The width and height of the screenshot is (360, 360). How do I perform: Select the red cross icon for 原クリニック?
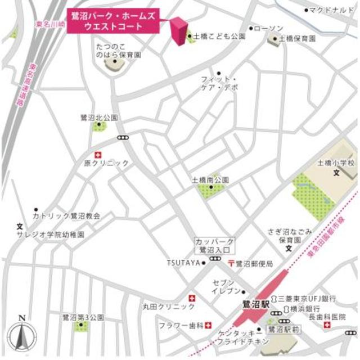[99, 154]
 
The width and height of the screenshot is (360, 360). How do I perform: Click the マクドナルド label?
[332, 10]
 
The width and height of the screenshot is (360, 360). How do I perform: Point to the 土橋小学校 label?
[336, 163]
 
